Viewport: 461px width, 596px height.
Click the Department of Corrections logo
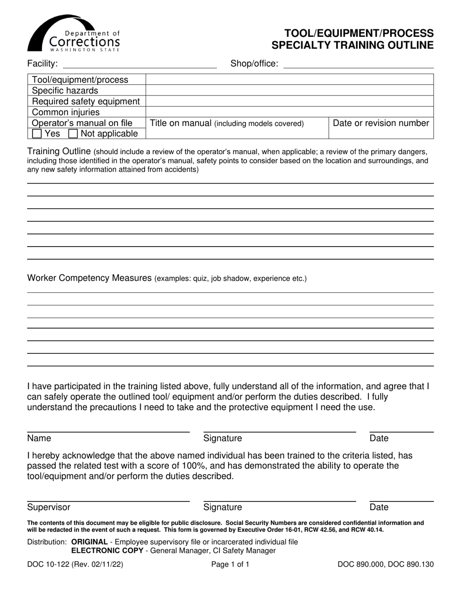click(73, 33)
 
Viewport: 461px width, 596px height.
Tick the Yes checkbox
click(37, 134)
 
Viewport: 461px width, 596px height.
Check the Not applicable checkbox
click(73, 134)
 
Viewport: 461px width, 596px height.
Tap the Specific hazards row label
click(65, 91)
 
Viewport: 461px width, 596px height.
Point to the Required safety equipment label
click(86, 101)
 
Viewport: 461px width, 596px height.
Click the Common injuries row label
click(66, 112)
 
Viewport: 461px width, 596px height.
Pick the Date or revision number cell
click(381, 123)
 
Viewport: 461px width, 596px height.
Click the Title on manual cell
click(227, 123)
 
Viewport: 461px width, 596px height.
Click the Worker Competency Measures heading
click(90, 278)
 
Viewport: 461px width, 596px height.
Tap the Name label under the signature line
click(39, 439)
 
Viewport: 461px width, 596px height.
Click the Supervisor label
click(49, 507)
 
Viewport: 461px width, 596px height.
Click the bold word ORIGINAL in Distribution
click(89, 542)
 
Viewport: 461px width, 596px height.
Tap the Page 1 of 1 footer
click(230, 564)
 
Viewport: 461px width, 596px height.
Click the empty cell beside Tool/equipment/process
click(289, 79)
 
